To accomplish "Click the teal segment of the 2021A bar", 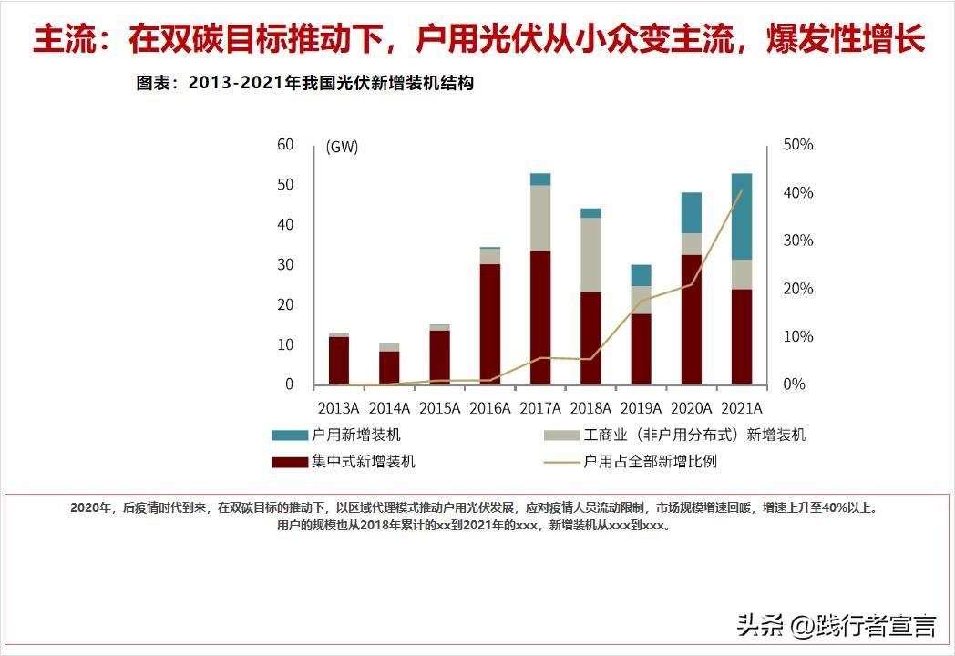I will [742, 216].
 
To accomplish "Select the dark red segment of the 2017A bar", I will [540, 317].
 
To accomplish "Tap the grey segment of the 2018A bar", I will [590, 255].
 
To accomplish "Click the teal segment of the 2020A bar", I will [692, 212].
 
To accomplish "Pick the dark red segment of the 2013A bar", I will [339, 360].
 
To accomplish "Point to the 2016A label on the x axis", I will [490, 407].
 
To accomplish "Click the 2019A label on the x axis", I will [641, 407].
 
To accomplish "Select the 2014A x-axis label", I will [389, 407].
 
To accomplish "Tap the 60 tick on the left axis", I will [285, 144].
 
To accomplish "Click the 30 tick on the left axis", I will [285, 264].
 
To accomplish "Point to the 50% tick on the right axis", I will [798, 145].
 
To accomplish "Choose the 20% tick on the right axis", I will [798, 289].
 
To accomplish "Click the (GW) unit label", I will [342, 148].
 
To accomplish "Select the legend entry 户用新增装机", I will [355, 436].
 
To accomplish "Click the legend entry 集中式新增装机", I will [363, 462].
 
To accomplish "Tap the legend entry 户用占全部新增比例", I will [650, 462].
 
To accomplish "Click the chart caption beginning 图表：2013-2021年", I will [305, 83].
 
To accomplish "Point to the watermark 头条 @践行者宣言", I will [836, 625].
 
